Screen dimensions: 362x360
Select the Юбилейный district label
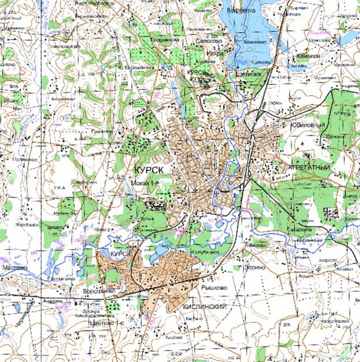point(307,125)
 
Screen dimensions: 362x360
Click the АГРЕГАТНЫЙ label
point(310,164)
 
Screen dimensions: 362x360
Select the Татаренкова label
point(164,40)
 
